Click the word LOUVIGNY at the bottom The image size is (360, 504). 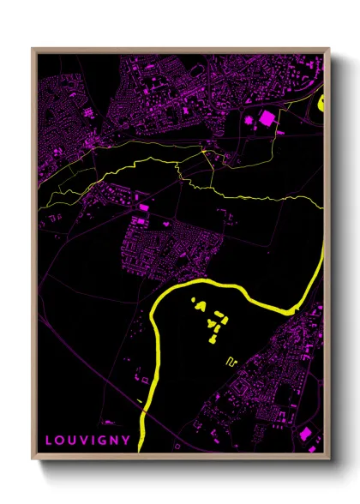(87, 441)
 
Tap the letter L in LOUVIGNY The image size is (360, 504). (49, 441)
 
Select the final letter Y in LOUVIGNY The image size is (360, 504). (127, 441)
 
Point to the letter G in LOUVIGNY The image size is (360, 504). (103, 441)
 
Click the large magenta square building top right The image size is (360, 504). (268, 117)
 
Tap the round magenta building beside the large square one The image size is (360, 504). (250, 121)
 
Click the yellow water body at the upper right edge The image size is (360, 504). (323, 104)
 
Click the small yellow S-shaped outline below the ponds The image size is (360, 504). (230, 361)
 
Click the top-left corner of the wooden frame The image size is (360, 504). (33, 49)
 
